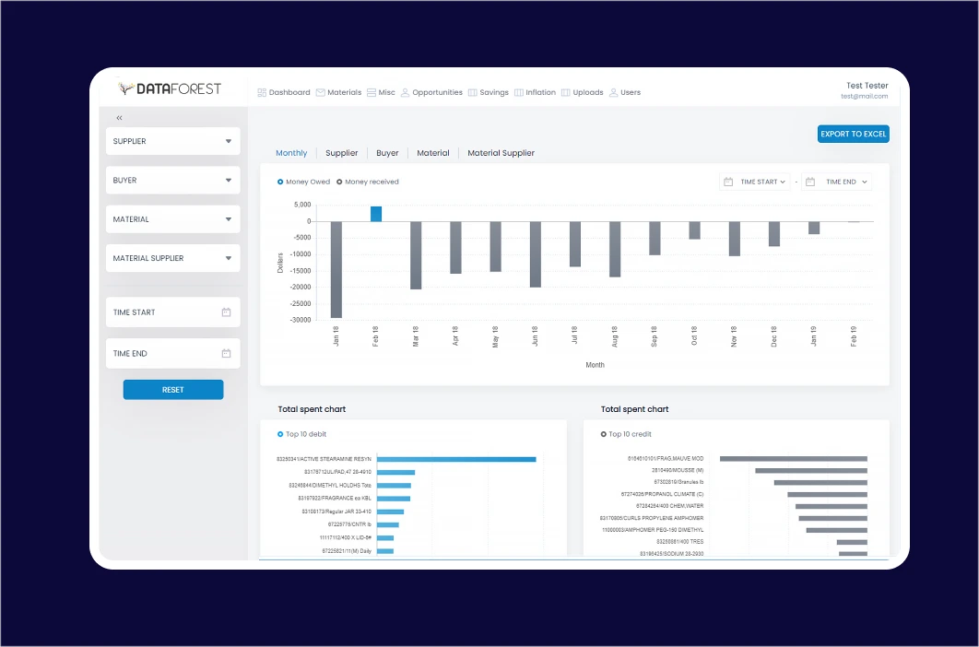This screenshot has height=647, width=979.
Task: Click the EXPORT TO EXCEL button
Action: [853, 134]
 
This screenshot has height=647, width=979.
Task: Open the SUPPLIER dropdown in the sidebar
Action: [172, 141]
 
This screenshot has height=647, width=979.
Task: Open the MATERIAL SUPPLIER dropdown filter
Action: [172, 258]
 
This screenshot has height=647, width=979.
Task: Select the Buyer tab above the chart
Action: [387, 153]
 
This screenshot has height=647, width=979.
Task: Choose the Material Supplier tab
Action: [501, 153]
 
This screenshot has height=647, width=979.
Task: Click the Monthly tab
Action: [291, 153]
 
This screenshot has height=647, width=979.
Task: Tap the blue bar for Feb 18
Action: [376, 214]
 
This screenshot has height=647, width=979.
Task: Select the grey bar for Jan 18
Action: [336, 269]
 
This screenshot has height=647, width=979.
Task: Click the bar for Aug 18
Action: [615, 249]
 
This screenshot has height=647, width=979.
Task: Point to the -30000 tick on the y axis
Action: [298, 320]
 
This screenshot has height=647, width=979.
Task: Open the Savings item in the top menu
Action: [489, 92]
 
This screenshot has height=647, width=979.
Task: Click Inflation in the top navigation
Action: [535, 92]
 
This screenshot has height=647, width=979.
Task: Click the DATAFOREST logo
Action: [171, 88]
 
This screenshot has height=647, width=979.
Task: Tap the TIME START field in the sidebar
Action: [172, 312]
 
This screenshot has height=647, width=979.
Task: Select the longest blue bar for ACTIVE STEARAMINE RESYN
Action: [455, 459]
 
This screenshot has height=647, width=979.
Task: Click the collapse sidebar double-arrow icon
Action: [119, 118]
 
